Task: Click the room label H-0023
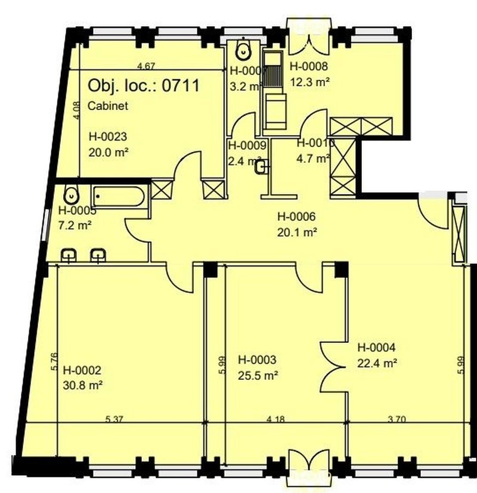(108, 135)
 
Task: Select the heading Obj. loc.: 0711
(143, 85)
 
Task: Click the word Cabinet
(107, 107)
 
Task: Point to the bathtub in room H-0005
(117, 196)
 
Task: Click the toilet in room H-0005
(72, 194)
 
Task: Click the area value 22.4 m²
(377, 361)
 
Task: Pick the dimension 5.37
(114, 419)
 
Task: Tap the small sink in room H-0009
(261, 169)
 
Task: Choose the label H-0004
(376, 347)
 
